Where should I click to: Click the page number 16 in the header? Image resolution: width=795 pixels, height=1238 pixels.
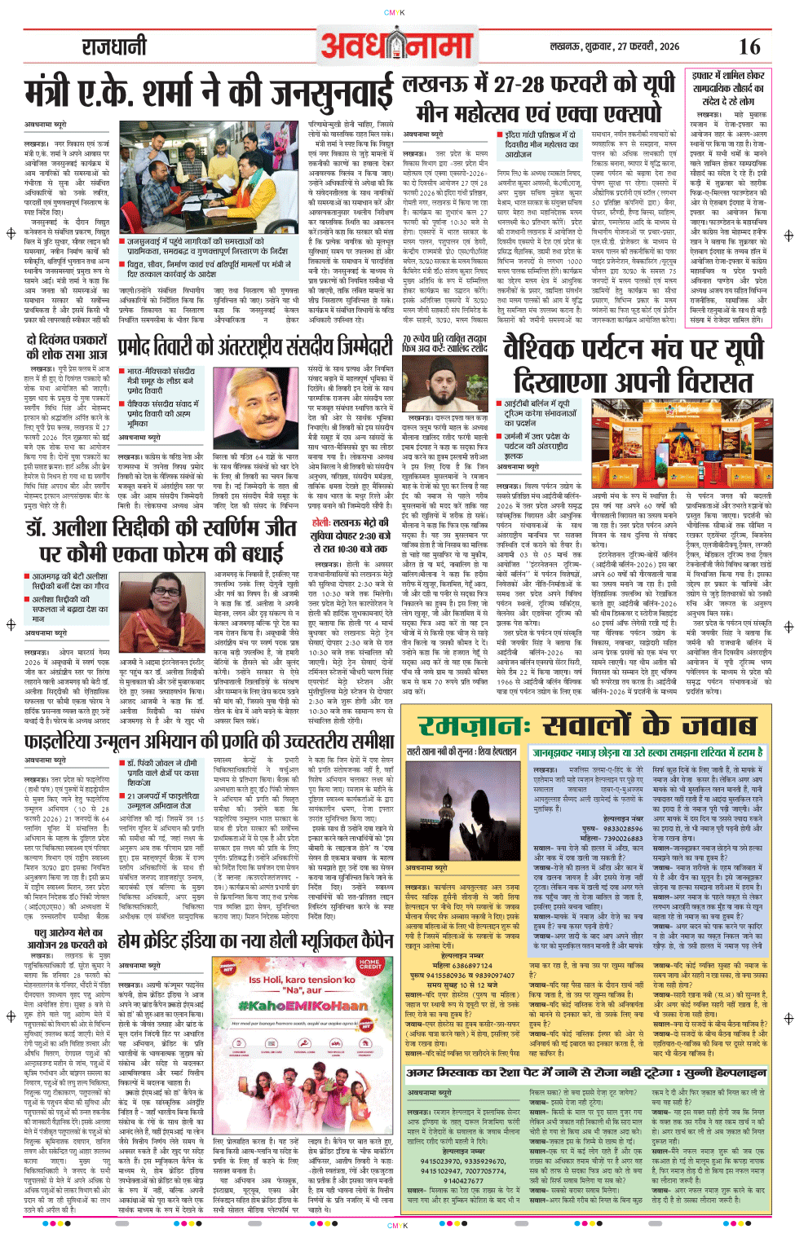pos(749,46)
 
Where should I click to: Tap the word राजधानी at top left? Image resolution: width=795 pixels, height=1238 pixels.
pos(113,46)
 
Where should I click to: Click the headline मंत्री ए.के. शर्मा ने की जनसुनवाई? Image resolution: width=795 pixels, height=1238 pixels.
pos(209,93)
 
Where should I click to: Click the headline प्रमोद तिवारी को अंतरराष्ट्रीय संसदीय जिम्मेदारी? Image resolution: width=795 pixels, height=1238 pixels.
pos(256,348)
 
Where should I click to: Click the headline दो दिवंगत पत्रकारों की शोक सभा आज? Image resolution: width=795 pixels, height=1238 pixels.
pos(67,346)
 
